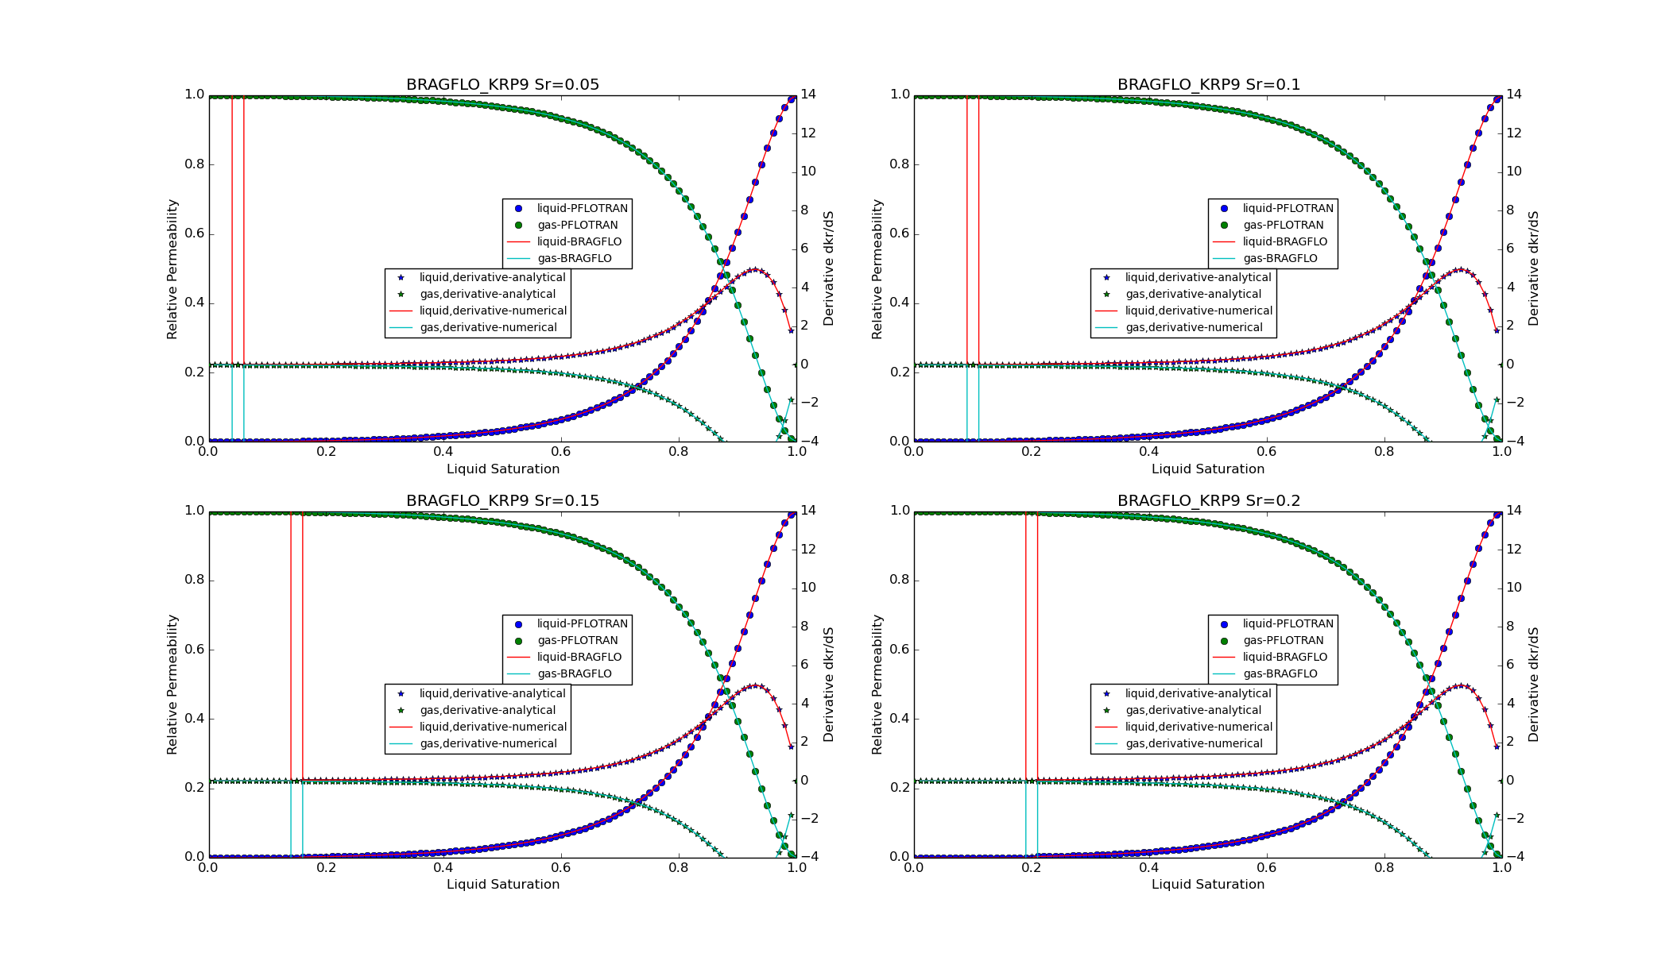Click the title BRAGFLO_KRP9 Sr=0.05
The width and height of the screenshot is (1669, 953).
pyautogui.click(x=502, y=85)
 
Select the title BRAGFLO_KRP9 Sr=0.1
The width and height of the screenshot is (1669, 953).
pyautogui.click(x=1208, y=85)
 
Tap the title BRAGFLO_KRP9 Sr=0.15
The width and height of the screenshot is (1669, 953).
pyautogui.click(x=502, y=501)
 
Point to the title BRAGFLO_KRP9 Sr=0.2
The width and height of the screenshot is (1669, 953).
pyautogui.click(x=1208, y=501)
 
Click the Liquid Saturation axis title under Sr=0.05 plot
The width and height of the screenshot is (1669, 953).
pyautogui.click(x=502, y=469)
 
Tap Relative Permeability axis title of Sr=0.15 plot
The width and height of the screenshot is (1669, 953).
pyautogui.click(x=172, y=685)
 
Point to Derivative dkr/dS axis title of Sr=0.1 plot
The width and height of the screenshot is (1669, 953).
pyautogui.click(x=1533, y=268)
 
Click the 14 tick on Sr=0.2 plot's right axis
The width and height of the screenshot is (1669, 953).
pyautogui.click(x=1513, y=511)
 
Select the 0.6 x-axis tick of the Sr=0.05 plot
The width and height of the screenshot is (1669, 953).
pyautogui.click(x=561, y=452)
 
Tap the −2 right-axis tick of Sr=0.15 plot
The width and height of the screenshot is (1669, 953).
pyautogui.click(x=809, y=819)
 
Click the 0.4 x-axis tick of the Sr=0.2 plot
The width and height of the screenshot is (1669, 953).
pyautogui.click(x=1149, y=868)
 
